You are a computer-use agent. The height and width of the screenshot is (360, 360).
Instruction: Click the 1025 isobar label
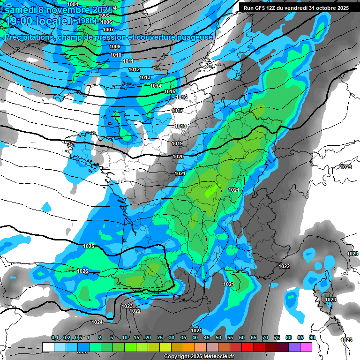88,246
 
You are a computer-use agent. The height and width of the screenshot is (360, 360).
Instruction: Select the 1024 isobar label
97,322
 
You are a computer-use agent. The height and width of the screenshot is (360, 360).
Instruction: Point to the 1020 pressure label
178,157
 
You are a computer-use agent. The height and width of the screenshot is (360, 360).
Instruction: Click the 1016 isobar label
181,97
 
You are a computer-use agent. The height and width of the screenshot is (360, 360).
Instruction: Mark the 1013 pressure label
145,77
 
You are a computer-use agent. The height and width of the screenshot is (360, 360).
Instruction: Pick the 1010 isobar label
116,55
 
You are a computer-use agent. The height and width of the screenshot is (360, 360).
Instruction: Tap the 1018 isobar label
180,126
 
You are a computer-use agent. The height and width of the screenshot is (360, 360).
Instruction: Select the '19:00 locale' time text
37,21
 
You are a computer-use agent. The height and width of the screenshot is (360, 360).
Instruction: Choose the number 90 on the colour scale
312,337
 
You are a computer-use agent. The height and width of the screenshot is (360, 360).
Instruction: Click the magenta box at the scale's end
307,347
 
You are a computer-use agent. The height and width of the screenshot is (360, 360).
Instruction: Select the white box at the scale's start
48,347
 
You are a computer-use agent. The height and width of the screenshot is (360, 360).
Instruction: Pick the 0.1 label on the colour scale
55,337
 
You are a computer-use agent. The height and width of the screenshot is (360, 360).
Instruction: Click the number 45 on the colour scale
207,337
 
